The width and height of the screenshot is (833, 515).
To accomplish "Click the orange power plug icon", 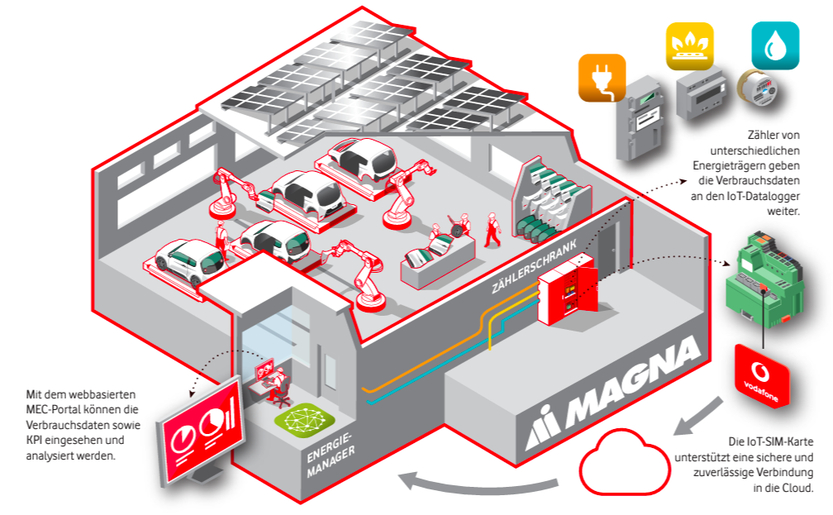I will (602, 78).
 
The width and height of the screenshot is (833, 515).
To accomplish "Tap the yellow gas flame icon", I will (689, 46).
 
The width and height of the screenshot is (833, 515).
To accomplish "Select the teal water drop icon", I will (774, 46).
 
